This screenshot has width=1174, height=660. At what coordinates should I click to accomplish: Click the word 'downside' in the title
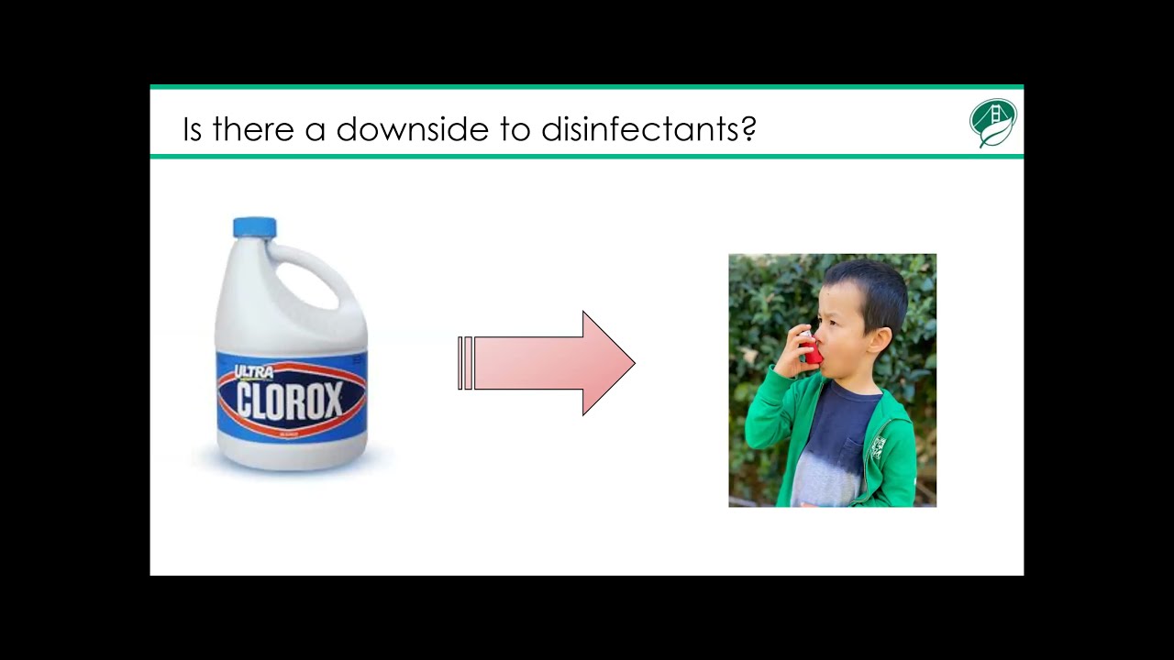[x=413, y=129]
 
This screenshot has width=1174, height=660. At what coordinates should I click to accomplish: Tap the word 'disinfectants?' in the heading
[x=648, y=129]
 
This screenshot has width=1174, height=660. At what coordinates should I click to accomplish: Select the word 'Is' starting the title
[x=191, y=129]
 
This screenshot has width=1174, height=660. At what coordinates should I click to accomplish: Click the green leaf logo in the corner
[x=993, y=123]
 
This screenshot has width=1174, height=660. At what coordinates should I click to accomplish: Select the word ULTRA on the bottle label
[x=253, y=372]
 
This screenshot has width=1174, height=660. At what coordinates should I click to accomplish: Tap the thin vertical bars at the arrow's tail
[x=465, y=363]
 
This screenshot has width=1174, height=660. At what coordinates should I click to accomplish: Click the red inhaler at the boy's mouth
[x=811, y=350]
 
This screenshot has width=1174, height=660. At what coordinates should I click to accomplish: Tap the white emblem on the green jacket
[x=878, y=447]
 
